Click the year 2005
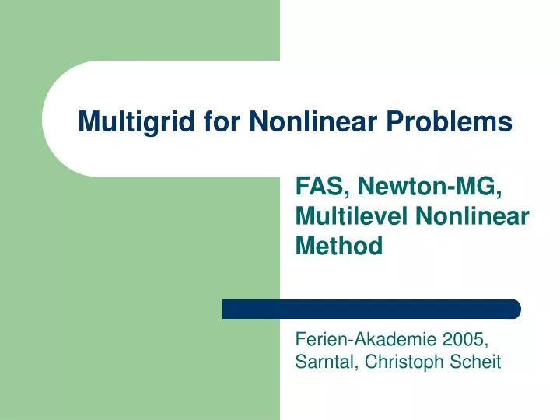tap(464, 339)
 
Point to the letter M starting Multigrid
tap(89, 121)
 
